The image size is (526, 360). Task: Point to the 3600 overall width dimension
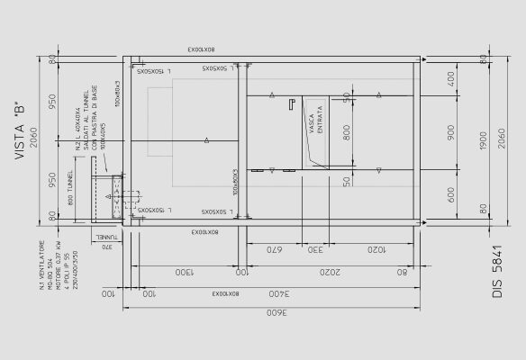[271, 314]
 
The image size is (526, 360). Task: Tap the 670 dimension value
[274, 250]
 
